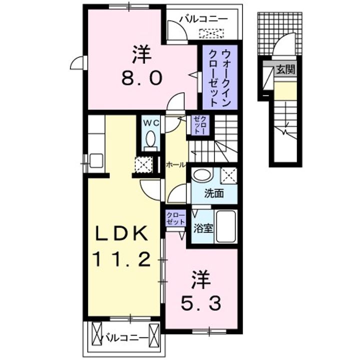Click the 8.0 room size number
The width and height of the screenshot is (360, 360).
(142, 78)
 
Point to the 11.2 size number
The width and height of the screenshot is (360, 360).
(120, 258)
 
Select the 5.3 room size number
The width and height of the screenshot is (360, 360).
(200, 302)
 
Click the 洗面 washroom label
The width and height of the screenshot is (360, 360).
(213, 193)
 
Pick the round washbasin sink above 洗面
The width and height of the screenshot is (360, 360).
(202, 175)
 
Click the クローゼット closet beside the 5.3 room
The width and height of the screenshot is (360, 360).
(175, 219)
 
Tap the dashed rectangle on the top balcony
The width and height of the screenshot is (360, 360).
(212, 34)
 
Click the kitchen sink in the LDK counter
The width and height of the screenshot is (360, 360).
(96, 160)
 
